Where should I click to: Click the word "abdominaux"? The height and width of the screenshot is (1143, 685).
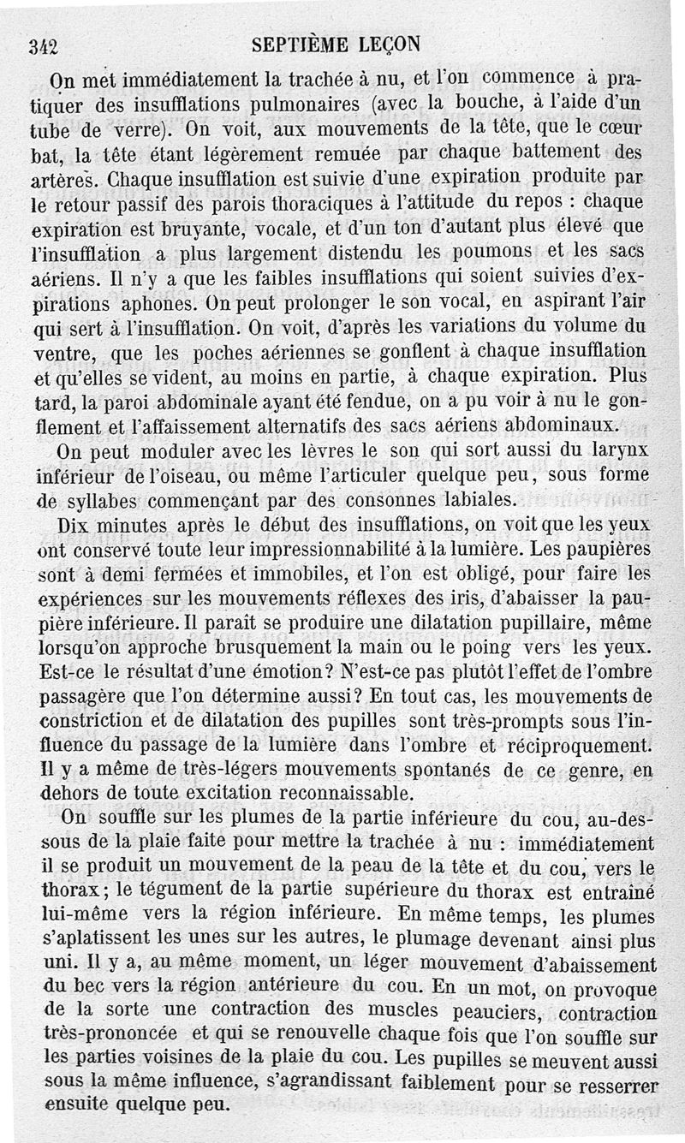pos(566,425)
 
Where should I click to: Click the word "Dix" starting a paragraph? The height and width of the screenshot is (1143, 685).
pos(73,523)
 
